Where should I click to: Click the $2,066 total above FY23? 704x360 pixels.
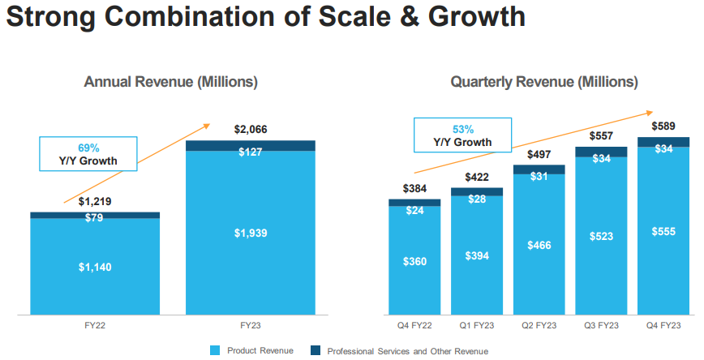[x=250, y=129]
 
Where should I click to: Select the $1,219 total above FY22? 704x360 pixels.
[x=95, y=201]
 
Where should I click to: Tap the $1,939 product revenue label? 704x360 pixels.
[x=250, y=234]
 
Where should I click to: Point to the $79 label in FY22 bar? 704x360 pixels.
[x=95, y=217]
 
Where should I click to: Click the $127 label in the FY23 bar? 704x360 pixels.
[x=250, y=152]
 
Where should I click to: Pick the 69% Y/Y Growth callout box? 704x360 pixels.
[x=88, y=154]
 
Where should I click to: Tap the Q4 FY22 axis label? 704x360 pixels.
[x=414, y=325]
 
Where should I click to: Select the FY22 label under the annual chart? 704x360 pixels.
[x=95, y=325]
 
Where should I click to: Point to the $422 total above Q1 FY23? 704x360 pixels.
[x=477, y=178]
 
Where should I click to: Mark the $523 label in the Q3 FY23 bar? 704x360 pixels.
[x=602, y=237]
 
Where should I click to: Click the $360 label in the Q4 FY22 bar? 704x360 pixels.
[x=414, y=262]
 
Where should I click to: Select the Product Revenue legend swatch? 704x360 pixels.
[x=215, y=350]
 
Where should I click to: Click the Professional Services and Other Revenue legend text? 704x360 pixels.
[x=407, y=351]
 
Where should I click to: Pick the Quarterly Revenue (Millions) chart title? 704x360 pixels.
[x=544, y=82]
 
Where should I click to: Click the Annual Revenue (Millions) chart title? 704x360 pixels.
[x=171, y=82]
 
